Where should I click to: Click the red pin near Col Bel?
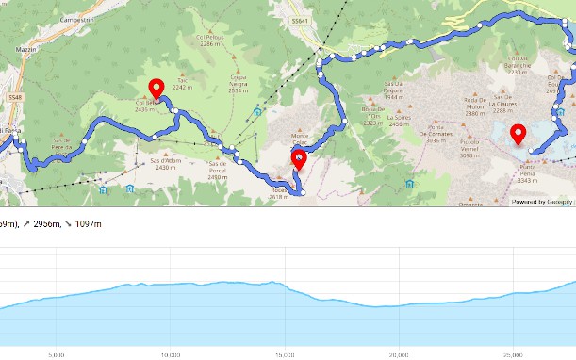[x=156, y=90]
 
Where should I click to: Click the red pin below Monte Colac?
[x=300, y=159]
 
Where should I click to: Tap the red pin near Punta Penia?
[x=517, y=135]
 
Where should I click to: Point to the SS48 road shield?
[x=14, y=96]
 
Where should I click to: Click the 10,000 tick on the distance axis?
[x=171, y=355]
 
